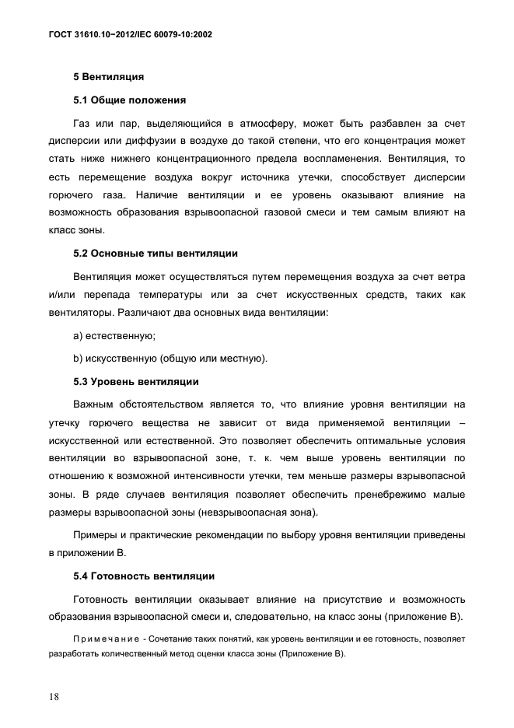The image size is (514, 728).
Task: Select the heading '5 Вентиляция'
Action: coord(108,77)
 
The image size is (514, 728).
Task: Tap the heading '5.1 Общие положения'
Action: coord(129,100)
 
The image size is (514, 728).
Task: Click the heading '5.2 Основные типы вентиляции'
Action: coord(155,253)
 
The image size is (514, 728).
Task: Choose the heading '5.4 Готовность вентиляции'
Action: coord(142,576)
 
